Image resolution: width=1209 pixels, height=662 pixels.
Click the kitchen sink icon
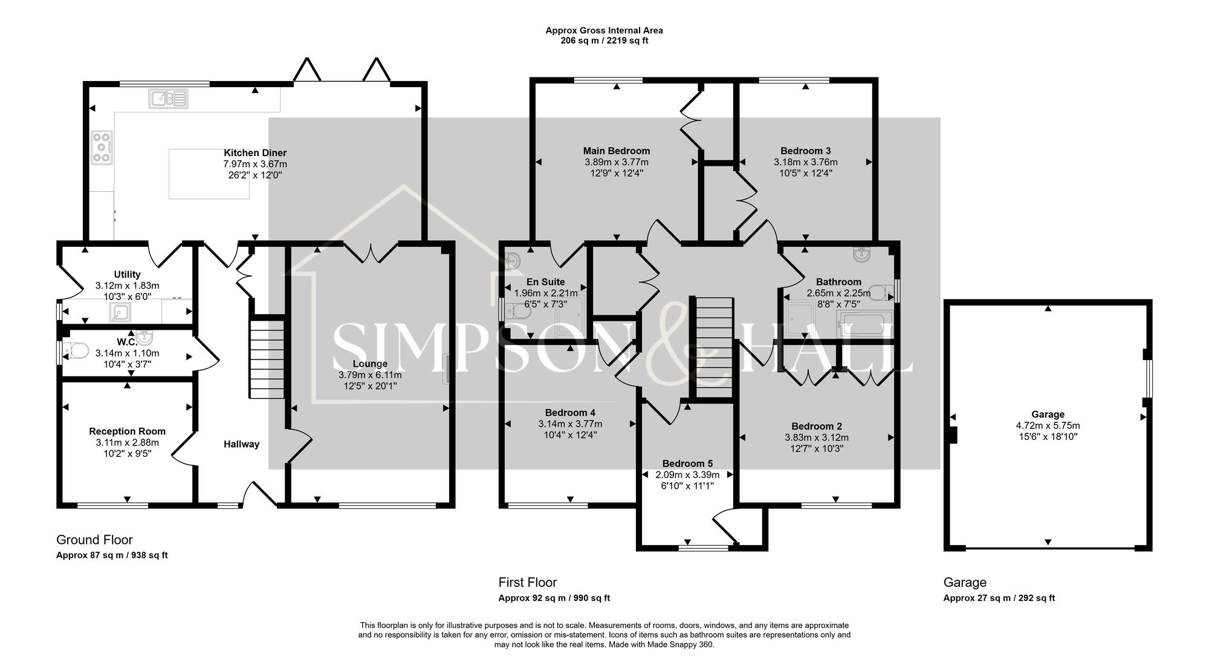169,98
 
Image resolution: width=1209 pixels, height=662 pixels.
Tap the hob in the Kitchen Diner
102,148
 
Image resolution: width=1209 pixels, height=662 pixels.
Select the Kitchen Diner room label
255,153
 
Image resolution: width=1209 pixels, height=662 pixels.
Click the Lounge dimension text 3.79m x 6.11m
370,375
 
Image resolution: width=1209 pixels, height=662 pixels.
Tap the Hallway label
241,444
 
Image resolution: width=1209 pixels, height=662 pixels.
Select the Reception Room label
127,431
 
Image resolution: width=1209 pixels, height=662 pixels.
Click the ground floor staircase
267,360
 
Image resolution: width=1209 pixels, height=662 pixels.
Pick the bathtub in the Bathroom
864,324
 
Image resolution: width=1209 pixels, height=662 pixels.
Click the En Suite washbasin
513,261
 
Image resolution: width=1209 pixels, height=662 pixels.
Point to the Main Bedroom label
617,151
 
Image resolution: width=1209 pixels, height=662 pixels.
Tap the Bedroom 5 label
687,464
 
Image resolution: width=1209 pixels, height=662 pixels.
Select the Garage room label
1048,415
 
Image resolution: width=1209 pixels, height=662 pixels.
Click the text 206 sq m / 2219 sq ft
604,41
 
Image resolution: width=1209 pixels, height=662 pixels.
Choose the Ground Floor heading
94,540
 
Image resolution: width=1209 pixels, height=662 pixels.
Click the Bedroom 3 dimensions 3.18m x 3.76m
805,162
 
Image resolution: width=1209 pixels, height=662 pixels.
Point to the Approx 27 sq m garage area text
999,598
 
